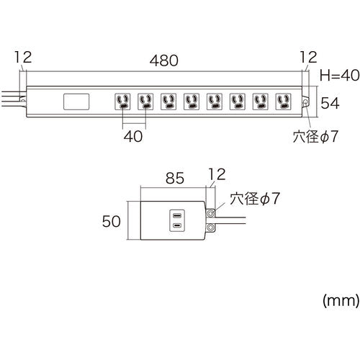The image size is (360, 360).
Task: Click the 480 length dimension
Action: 164,60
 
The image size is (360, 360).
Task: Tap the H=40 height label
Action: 340,75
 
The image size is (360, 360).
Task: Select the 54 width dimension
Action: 330,103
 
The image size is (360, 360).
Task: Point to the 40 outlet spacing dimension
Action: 133,136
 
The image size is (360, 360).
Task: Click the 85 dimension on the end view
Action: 175,178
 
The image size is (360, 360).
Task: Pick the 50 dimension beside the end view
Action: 112,221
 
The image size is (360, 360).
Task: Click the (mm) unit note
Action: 341,300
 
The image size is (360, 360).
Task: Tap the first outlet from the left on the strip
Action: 122,102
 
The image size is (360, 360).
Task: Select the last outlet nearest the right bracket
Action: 284,102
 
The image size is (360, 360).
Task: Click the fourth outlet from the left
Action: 192,102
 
